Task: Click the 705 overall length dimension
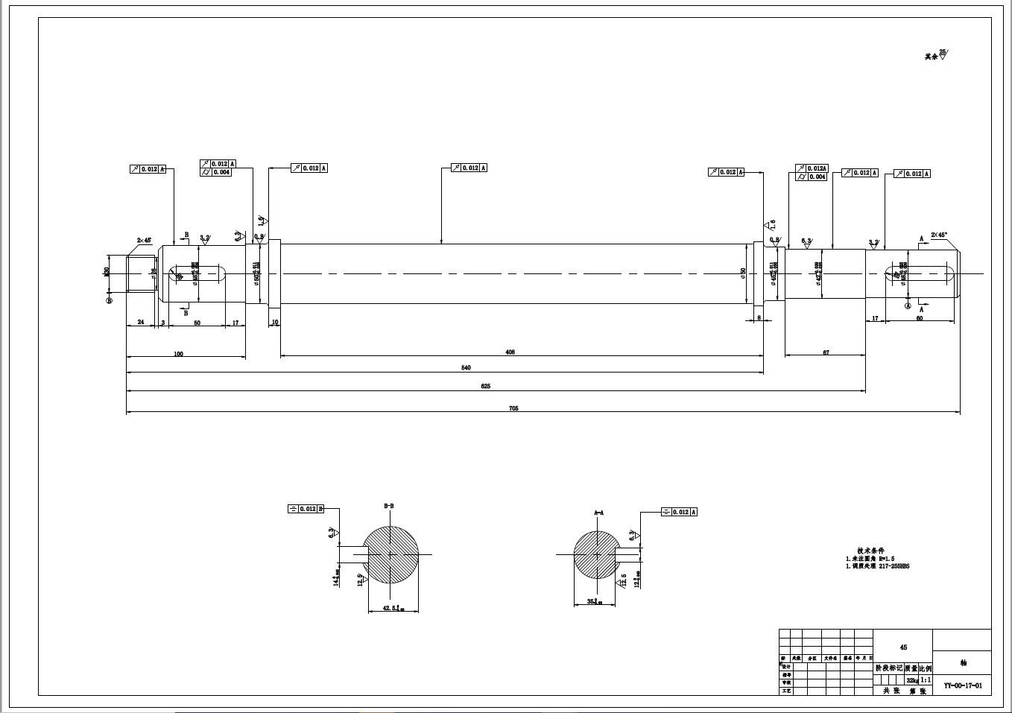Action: click(x=513, y=408)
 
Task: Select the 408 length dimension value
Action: click(x=510, y=352)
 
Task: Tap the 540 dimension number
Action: click(x=467, y=368)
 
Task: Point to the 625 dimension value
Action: click(x=486, y=387)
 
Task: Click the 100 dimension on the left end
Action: click(x=178, y=354)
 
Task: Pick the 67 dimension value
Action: click(x=826, y=352)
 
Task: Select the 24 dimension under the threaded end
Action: click(x=140, y=323)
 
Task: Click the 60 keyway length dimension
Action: click(x=919, y=318)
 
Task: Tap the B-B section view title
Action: click(x=389, y=506)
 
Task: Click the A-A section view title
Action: click(x=598, y=513)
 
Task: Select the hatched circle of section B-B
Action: click(x=390, y=555)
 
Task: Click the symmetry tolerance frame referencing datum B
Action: click(x=306, y=509)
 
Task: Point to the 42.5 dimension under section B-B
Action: click(x=393, y=608)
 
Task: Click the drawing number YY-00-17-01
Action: click(x=963, y=685)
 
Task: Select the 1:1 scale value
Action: click(x=925, y=680)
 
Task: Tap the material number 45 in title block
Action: click(x=903, y=647)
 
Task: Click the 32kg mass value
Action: click(x=911, y=680)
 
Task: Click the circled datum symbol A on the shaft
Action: click(x=908, y=305)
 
